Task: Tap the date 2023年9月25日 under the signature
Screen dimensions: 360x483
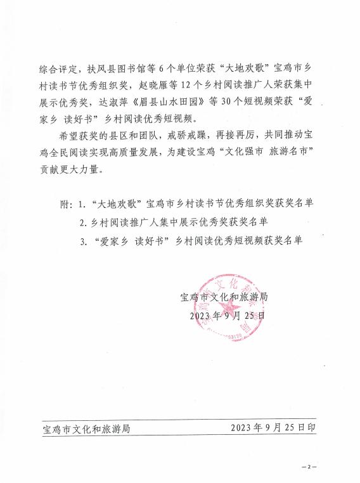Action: [227, 314]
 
